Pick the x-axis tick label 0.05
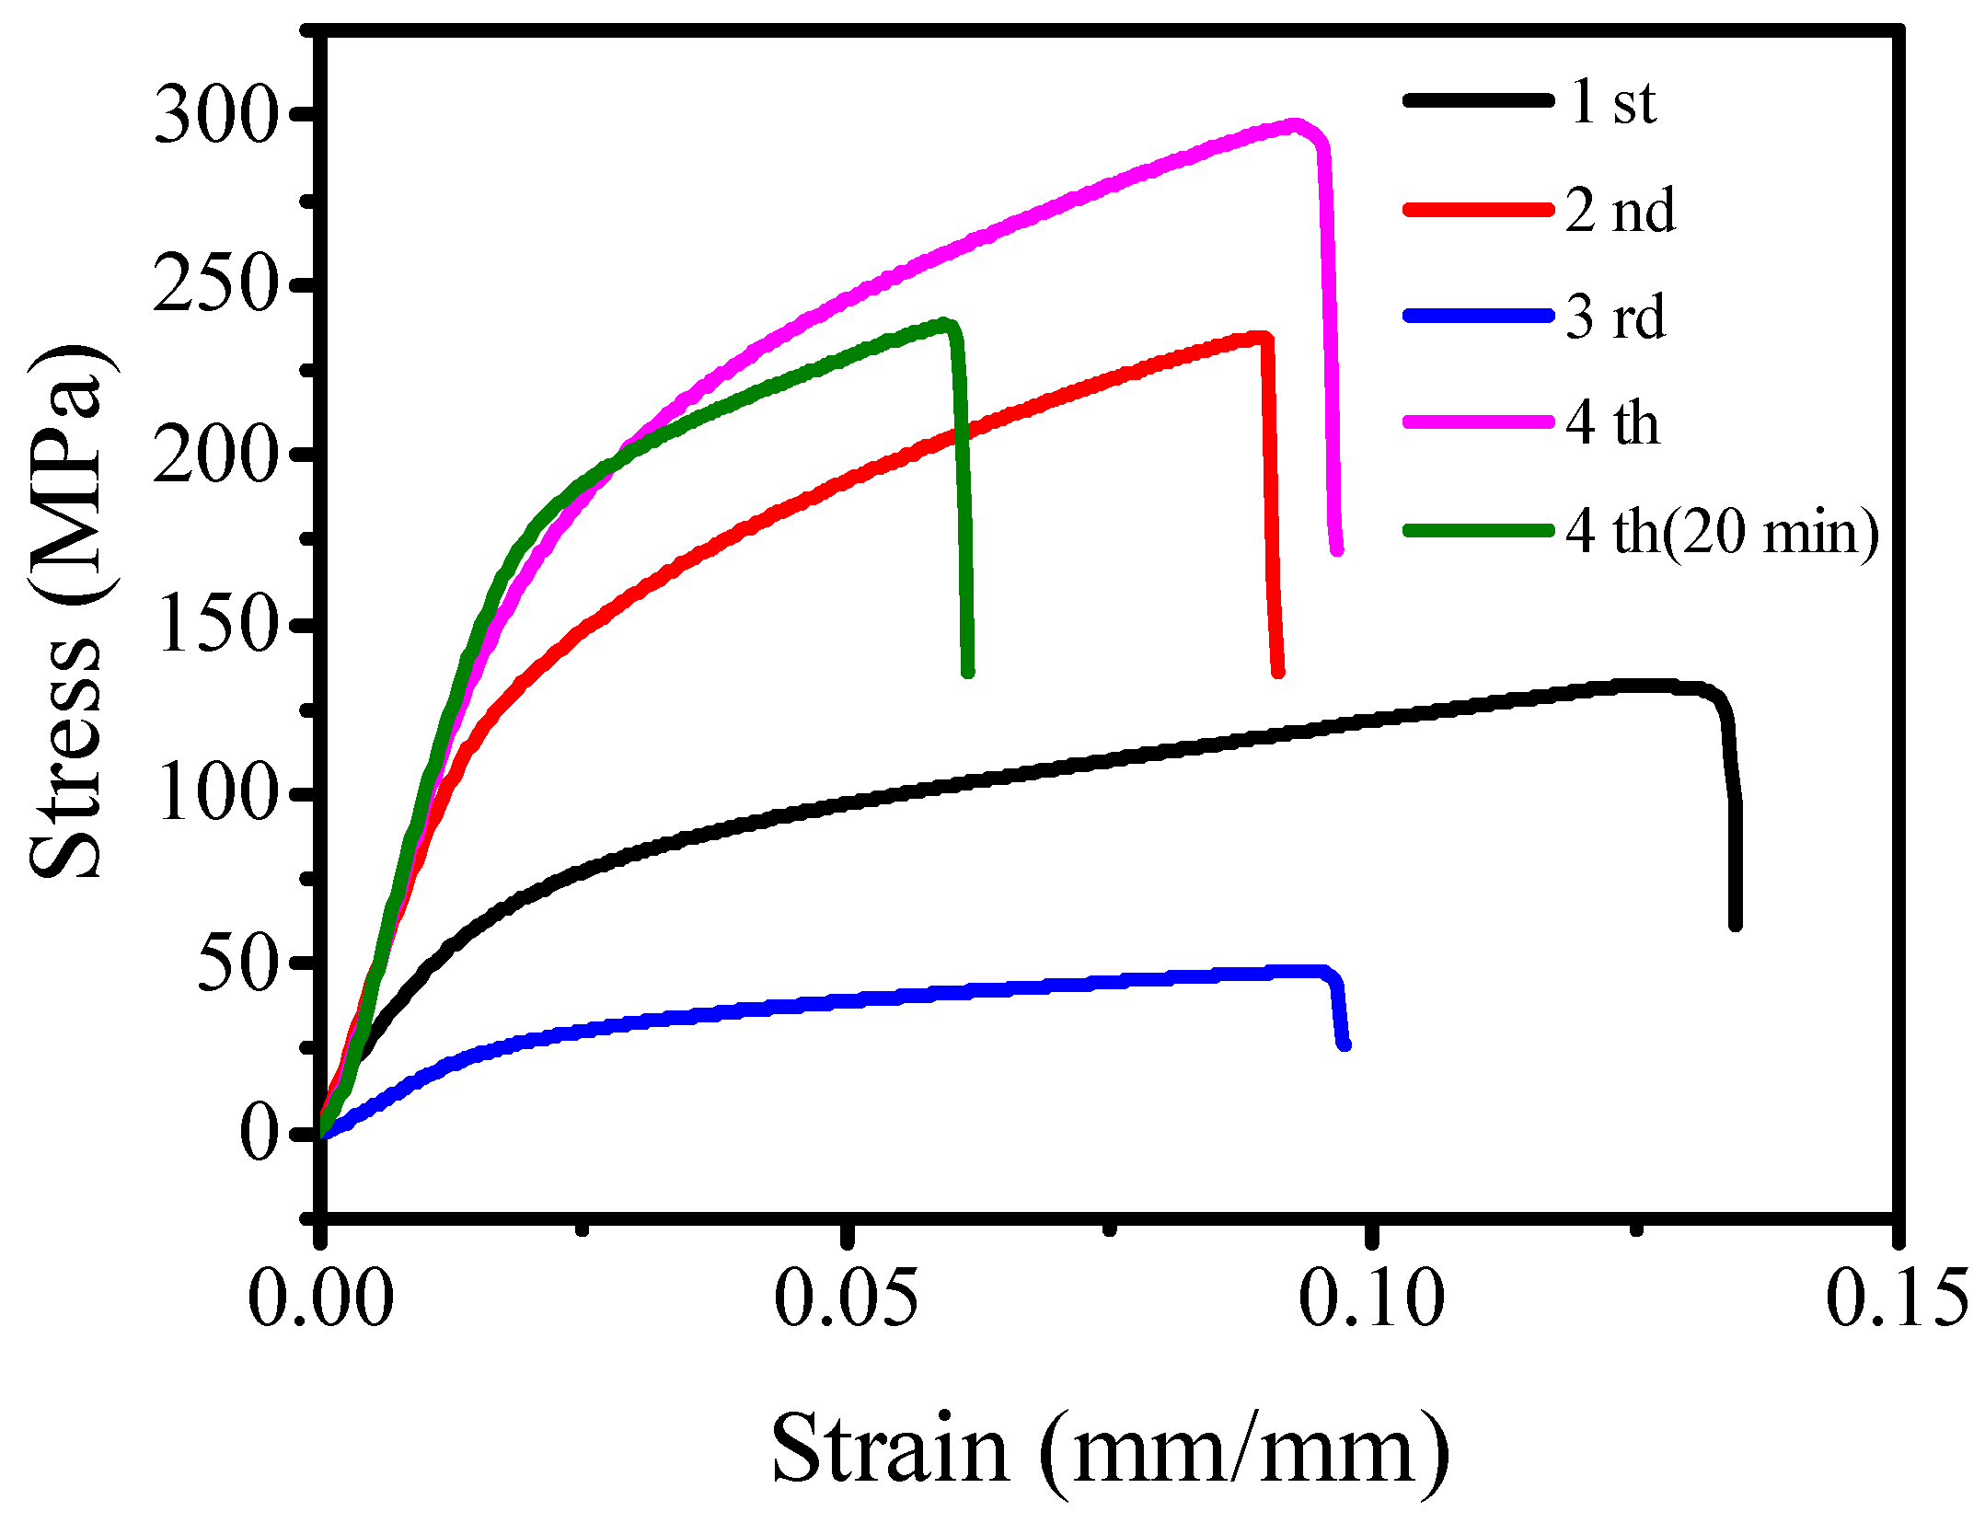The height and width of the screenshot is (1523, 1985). click(846, 1299)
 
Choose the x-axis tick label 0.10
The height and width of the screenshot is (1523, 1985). click(1371, 1299)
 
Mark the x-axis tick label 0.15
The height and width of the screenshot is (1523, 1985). click(1897, 1299)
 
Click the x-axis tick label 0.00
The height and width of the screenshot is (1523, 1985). click(320, 1299)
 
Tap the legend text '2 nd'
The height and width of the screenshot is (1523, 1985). click(1621, 210)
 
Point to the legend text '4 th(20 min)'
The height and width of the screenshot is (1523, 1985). click(1722, 531)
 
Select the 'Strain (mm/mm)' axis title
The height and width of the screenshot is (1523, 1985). click(1109, 1449)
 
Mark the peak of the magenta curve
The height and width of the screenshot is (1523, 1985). click(1295, 126)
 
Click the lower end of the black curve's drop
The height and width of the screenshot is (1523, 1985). click(1735, 923)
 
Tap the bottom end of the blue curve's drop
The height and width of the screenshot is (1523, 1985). click(1344, 1044)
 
